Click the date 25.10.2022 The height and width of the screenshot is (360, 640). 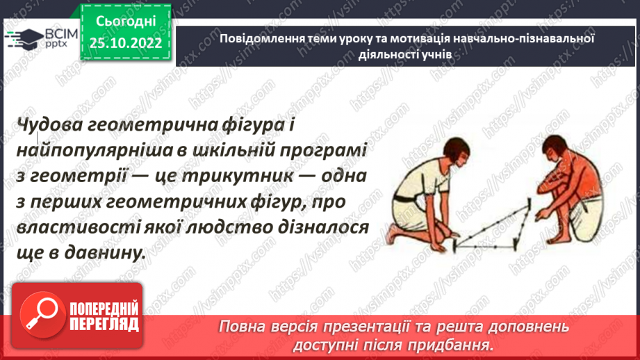(x=125, y=42)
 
